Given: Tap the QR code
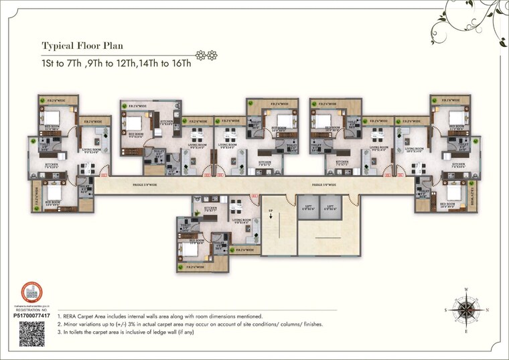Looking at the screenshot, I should pos(32,333).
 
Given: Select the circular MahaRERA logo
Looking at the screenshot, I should pos(31,292).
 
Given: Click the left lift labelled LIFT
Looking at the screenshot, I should pos(309,208).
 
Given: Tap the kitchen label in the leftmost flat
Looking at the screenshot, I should pos(52,164).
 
